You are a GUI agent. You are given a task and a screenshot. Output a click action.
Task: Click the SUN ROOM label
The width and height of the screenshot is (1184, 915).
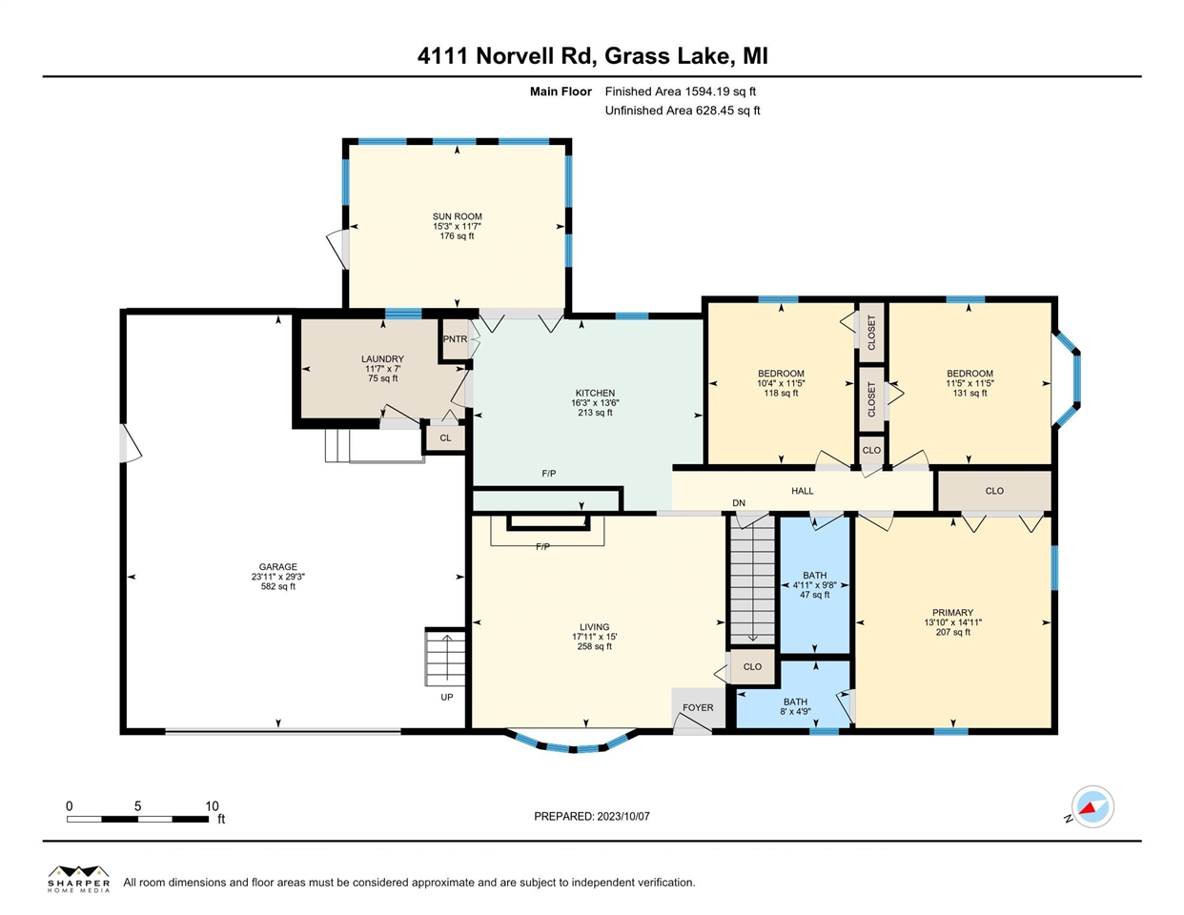tap(458, 216)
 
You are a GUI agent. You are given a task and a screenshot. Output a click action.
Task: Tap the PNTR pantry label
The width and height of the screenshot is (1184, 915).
tap(455, 338)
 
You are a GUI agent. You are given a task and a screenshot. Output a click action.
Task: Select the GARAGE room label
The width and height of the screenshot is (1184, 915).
tap(277, 566)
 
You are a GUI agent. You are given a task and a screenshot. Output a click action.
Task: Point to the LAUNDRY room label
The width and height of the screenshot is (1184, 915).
tap(382, 359)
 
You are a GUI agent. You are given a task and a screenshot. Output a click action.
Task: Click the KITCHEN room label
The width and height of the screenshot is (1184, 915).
tap(595, 393)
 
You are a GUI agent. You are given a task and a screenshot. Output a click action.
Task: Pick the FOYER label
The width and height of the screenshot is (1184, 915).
tap(698, 707)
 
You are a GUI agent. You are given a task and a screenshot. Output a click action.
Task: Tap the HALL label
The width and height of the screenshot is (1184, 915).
tap(802, 491)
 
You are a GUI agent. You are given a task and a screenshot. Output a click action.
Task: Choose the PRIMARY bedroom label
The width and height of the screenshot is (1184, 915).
tap(952, 612)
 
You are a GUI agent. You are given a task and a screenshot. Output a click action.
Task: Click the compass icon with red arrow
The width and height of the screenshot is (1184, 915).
tap(1092, 806)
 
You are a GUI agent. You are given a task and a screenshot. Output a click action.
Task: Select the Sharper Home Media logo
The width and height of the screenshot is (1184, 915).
tap(79, 879)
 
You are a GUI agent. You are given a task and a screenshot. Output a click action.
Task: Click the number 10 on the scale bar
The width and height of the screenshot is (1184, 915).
tap(212, 806)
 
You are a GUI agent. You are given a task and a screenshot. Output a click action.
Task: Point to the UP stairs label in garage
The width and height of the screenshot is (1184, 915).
tap(447, 697)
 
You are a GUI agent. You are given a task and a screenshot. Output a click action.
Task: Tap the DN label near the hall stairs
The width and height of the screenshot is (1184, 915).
tap(739, 502)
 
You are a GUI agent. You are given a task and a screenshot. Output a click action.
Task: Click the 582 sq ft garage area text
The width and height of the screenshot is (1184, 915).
tap(277, 586)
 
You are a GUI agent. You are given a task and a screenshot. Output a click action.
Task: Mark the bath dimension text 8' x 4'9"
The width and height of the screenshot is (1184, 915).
tap(795, 711)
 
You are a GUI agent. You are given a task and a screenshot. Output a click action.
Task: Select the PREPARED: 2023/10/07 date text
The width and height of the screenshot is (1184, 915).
tap(592, 817)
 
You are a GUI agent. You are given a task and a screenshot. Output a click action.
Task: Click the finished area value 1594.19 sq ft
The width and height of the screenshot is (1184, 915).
tap(720, 91)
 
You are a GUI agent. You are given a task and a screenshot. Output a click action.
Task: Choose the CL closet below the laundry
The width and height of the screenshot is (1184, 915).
tap(446, 437)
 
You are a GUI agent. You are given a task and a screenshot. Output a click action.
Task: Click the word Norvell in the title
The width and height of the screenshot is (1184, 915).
tap(519, 55)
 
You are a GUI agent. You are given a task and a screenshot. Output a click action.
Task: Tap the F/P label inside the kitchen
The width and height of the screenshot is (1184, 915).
tap(549, 474)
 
